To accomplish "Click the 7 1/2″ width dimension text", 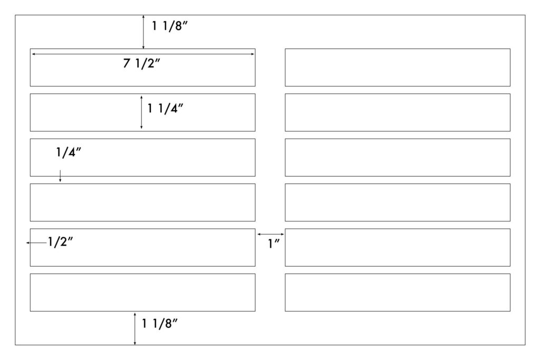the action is click(141, 63).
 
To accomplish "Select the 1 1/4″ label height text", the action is click(165, 109).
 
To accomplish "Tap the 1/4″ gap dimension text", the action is click(69, 152).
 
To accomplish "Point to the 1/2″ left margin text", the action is click(60, 242).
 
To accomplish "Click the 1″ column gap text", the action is click(274, 244).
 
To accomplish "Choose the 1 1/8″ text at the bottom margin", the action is click(159, 324).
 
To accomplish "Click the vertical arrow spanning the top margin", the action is click(143, 32).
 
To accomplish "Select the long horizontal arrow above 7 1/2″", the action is click(142, 54).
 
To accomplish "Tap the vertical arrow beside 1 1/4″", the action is click(141, 112).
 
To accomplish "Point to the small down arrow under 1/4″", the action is click(60, 176).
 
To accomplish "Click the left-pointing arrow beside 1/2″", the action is click(36, 242).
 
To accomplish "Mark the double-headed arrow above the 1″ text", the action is click(271, 234).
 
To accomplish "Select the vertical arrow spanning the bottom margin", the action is click(134, 329).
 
